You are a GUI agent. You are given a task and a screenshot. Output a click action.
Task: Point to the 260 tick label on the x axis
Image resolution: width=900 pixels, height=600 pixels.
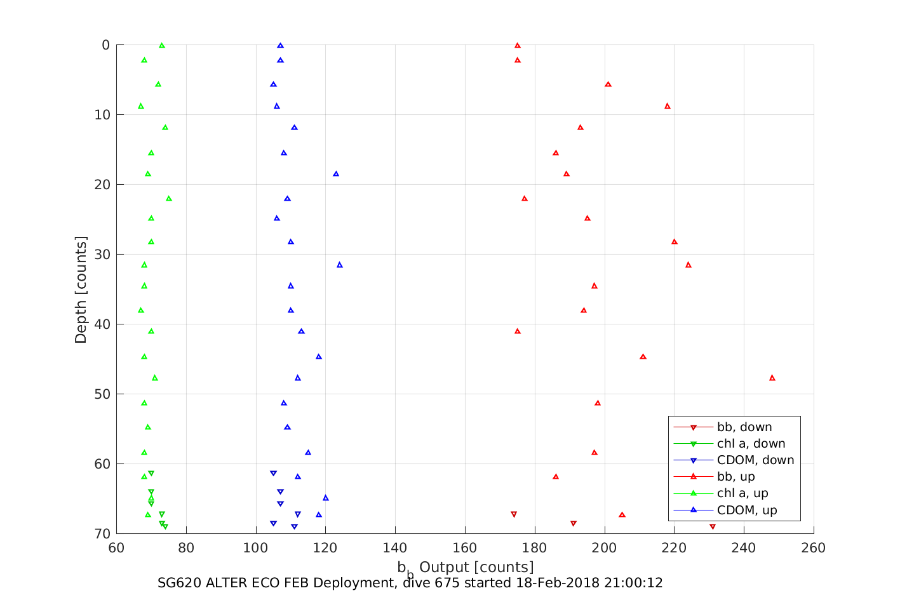point(814,548)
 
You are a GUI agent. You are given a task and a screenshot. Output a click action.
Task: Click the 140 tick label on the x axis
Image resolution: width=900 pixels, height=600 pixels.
point(395,548)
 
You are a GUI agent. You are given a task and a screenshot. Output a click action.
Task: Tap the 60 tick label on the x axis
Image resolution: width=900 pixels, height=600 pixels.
point(116,548)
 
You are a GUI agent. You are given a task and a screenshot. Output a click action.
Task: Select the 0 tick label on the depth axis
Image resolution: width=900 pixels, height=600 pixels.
point(105,45)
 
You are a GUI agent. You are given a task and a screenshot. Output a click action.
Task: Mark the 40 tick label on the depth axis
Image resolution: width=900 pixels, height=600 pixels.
point(102,324)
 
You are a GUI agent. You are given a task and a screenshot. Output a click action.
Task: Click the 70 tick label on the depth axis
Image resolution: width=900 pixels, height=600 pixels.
point(102,534)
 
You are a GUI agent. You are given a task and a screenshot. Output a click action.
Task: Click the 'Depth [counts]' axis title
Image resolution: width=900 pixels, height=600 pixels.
point(81,290)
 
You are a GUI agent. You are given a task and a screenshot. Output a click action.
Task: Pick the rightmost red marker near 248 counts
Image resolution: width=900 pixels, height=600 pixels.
point(772,378)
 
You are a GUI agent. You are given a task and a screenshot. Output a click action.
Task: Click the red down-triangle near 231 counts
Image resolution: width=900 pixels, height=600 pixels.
point(713,527)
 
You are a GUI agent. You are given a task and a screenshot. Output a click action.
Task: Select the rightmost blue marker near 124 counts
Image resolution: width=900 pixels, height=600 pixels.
point(340,265)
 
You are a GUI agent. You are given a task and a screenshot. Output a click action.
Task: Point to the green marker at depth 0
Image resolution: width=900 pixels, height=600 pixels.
point(162,46)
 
